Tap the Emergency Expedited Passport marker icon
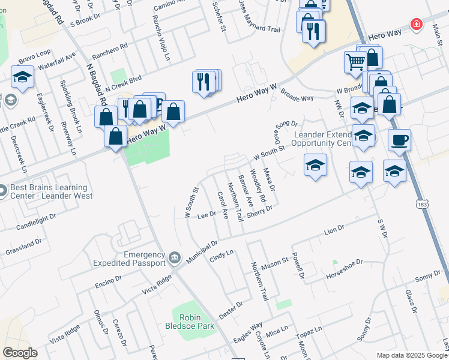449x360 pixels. tap(175, 258)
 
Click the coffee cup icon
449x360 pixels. tap(399, 141)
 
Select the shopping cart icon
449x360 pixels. tap(355, 61)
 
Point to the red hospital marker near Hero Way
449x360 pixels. tap(415, 24)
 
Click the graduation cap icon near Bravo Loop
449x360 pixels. tap(22, 77)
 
